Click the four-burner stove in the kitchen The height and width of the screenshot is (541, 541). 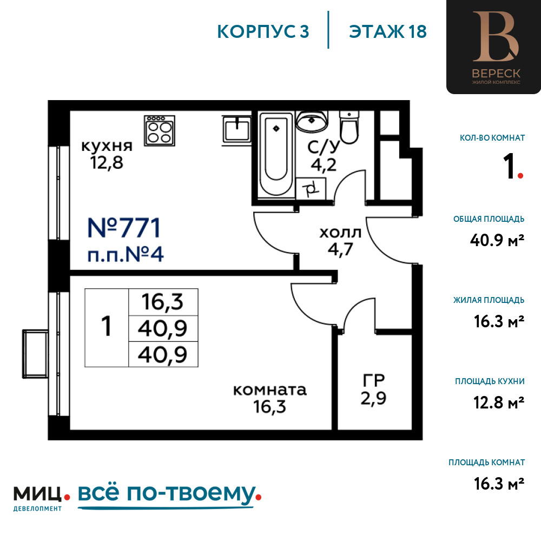tap(160, 130)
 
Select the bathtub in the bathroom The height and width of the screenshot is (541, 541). tap(276, 154)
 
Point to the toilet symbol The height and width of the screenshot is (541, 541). tap(349, 127)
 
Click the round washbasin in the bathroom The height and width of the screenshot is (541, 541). tap(312, 121)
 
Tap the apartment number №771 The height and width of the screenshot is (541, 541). tap(124, 228)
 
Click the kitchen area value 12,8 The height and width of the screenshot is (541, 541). tap(107, 162)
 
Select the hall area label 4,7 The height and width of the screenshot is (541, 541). tap(340, 249)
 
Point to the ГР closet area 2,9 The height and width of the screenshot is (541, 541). tap(373, 399)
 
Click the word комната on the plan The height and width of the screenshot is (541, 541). tap(270, 390)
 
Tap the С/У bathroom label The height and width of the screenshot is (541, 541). tap(324, 148)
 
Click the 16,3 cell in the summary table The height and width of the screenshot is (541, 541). tap(162, 302)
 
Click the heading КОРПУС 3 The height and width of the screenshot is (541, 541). tap(263, 31)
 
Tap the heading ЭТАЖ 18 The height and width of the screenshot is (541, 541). tap(388, 31)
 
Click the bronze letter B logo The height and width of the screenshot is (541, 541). tap(496, 36)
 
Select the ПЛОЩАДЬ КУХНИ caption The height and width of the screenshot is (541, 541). tap(490, 381)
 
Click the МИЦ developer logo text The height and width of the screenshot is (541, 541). tap(38, 494)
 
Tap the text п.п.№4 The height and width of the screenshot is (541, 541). tap(126, 255)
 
